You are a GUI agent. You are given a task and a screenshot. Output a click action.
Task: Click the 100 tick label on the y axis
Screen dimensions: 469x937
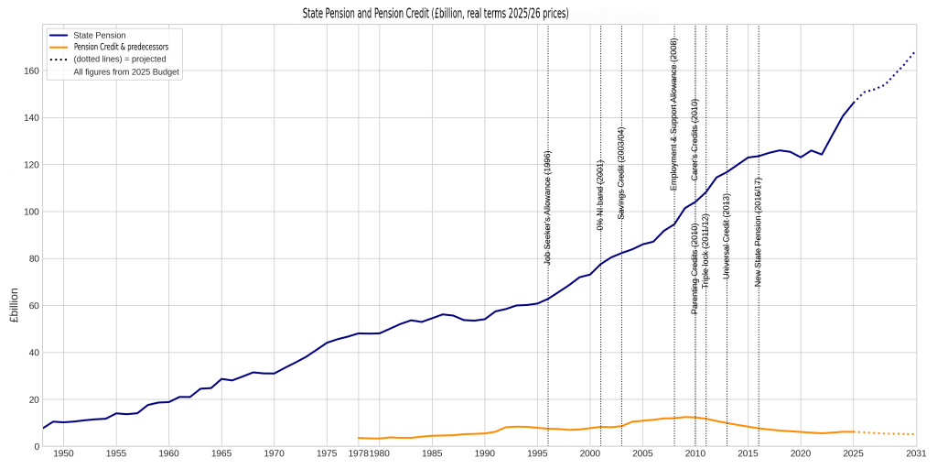[x=29, y=212]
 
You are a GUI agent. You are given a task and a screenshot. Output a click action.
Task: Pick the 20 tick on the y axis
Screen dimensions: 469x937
[x=32, y=399]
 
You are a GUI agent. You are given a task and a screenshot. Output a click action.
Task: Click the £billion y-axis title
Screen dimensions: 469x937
[x=13, y=306]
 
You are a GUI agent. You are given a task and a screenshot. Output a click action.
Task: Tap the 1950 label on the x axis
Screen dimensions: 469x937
[x=63, y=453]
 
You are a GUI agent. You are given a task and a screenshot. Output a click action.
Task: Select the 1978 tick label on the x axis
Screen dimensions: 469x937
[x=358, y=453]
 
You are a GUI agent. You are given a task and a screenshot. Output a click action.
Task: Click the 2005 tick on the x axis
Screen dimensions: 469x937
[x=642, y=453]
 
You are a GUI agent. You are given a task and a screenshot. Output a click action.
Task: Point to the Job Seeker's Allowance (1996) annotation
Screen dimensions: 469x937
[x=548, y=208]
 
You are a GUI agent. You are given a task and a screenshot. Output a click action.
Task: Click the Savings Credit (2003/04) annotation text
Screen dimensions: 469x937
[x=621, y=173]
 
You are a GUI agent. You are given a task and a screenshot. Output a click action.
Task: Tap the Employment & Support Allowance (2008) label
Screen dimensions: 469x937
[x=674, y=115]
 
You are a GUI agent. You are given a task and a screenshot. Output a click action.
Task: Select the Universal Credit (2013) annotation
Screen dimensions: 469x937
[x=727, y=235]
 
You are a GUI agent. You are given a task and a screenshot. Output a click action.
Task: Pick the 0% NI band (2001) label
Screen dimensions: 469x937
[x=600, y=195]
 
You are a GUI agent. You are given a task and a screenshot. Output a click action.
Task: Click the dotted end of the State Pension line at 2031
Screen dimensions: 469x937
[x=914, y=52]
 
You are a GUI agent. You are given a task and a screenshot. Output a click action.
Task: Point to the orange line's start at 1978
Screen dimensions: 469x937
[x=359, y=438]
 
